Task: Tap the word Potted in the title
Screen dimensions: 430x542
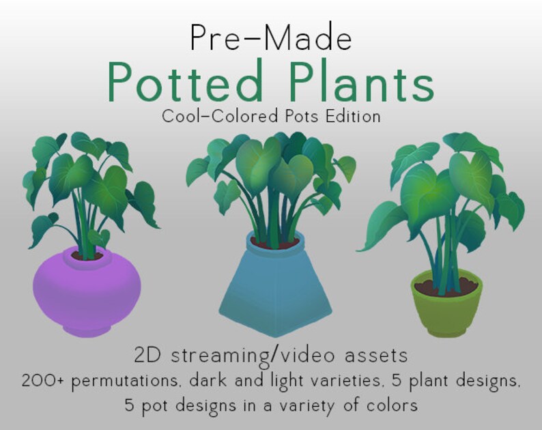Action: coord(186,83)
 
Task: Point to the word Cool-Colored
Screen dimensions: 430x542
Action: coord(218,117)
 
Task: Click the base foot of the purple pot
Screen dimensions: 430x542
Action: coord(87,329)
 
